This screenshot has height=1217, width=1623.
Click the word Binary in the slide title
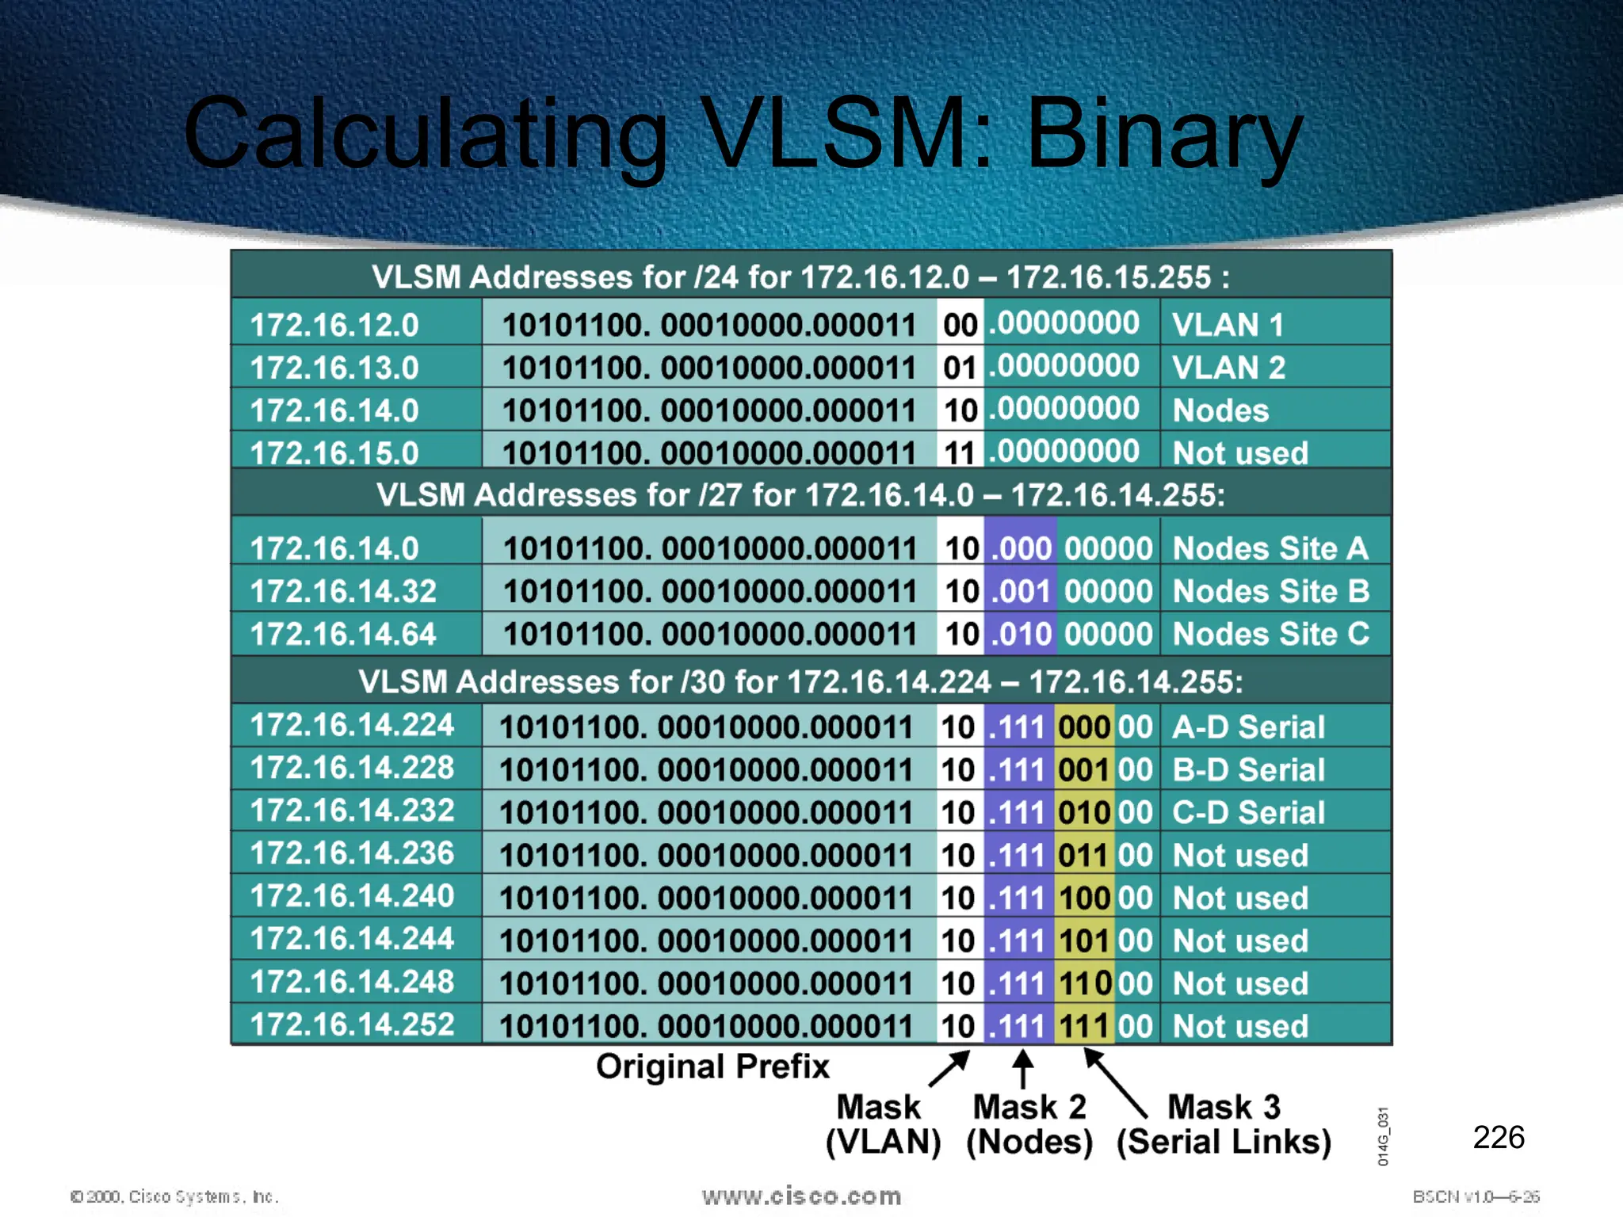(1163, 135)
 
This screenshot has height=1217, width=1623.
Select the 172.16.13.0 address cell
(334, 368)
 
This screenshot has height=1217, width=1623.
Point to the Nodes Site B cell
(1270, 591)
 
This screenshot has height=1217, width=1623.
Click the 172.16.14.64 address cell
(343, 634)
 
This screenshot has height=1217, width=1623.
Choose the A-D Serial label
(1248, 727)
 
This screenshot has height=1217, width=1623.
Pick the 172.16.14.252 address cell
(352, 1024)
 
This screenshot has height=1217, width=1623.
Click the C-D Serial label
(1248, 812)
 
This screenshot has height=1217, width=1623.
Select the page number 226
(1498, 1137)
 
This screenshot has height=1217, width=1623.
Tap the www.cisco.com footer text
(801, 1196)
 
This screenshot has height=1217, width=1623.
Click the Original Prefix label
(712, 1066)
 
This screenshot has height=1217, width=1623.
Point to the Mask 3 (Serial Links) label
(1224, 1124)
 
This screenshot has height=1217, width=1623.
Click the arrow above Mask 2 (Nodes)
(1023, 1069)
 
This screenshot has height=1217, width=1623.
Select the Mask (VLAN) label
(882, 1124)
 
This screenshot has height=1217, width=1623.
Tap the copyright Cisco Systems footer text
(174, 1196)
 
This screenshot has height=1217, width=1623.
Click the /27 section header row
(800, 495)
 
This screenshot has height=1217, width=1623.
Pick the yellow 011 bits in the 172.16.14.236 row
(1083, 856)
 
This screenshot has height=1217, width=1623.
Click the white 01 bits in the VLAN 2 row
(959, 368)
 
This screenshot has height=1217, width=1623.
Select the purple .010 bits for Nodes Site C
(1021, 634)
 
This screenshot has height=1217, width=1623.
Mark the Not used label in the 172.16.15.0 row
(1240, 453)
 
